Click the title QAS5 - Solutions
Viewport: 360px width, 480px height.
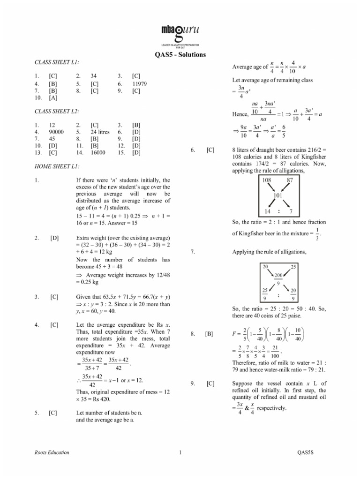pos(180,54)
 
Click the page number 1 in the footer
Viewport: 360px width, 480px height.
pos(180,452)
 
